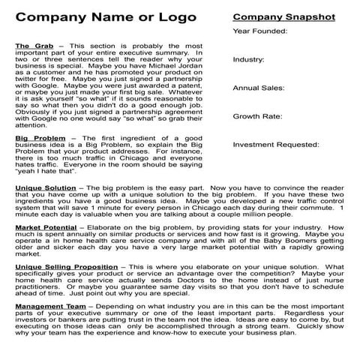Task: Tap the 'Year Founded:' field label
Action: [x=259, y=31]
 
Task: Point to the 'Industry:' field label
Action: [x=248, y=59]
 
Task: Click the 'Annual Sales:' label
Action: [x=258, y=88]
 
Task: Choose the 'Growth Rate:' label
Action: [x=257, y=116]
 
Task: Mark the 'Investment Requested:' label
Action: [x=275, y=145]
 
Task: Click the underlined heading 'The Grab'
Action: [x=31, y=46]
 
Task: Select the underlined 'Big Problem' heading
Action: [x=36, y=138]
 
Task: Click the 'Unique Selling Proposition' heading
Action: [x=66, y=265]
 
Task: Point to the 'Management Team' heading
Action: [x=49, y=305]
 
